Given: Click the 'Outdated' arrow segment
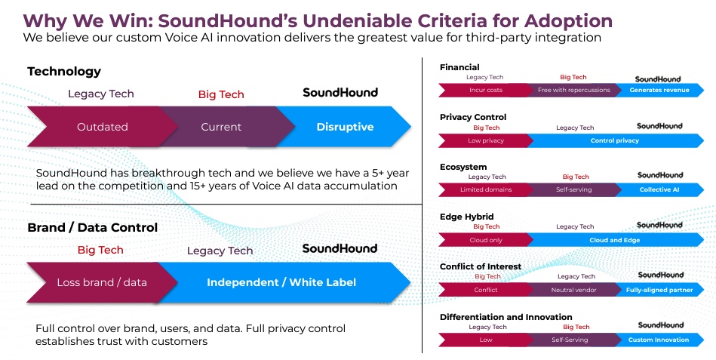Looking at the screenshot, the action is (x=103, y=127).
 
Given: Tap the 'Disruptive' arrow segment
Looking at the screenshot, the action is (x=345, y=127).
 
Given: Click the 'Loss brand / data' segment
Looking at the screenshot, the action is (x=102, y=282).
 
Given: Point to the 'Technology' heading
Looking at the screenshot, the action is (x=64, y=71).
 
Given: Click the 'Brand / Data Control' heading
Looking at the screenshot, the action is (x=92, y=227).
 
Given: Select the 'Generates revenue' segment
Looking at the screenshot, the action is (x=659, y=90).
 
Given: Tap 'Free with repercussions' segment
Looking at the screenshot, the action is (x=574, y=90).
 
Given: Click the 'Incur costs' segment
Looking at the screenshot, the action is (x=485, y=90).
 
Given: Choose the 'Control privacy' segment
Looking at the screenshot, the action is (x=615, y=140).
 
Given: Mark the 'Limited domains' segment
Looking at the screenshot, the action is (x=485, y=189).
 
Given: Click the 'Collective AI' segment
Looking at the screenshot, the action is (x=659, y=189).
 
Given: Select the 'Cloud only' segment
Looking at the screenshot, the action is (x=485, y=240).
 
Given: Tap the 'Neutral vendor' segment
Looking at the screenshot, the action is (x=574, y=290).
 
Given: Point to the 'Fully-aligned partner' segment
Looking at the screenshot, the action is (x=659, y=290).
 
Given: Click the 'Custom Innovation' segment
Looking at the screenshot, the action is (x=659, y=340).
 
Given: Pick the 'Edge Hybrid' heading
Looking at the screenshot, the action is (x=467, y=217).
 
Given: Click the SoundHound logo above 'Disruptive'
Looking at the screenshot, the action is (x=340, y=92).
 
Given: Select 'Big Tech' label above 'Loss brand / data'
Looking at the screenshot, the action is (x=100, y=250).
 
